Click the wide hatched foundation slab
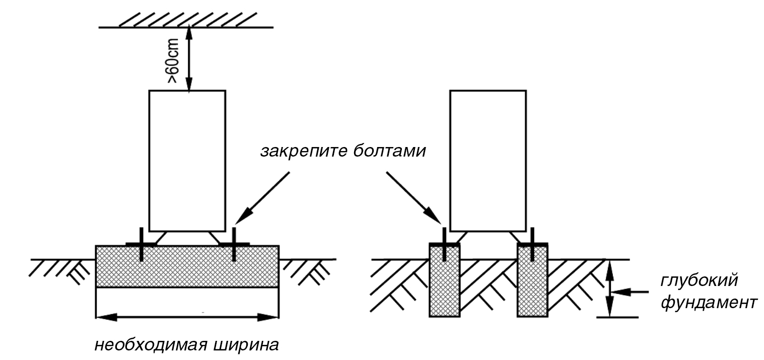187,272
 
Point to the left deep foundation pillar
444,287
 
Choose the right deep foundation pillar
532,287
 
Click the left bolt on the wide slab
141,244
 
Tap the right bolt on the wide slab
234,244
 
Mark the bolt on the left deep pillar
444,244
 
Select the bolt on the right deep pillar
532,244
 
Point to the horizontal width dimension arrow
187,317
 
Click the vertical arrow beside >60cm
189,59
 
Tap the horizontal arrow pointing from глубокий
627,291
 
